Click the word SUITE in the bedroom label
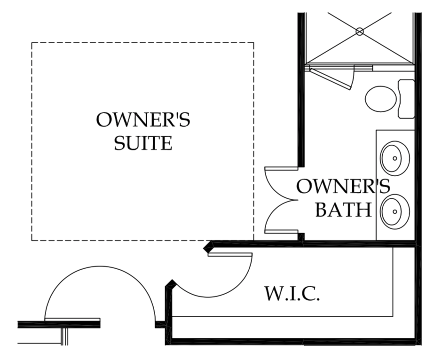point(143,143)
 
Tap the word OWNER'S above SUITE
point(143,119)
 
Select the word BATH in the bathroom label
point(343,210)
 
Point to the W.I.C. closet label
point(292,293)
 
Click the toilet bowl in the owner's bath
point(381,99)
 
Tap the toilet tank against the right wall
point(406,99)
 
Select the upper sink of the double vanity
point(395,158)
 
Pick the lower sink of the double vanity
point(395,211)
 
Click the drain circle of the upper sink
point(395,158)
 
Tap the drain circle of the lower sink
point(395,211)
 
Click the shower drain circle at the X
point(360,31)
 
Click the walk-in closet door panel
point(230,254)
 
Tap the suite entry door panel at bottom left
point(72,320)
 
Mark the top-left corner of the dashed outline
point(32,43)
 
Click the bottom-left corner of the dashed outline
point(32,241)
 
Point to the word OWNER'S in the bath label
point(343,186)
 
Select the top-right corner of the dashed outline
point(254,43)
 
